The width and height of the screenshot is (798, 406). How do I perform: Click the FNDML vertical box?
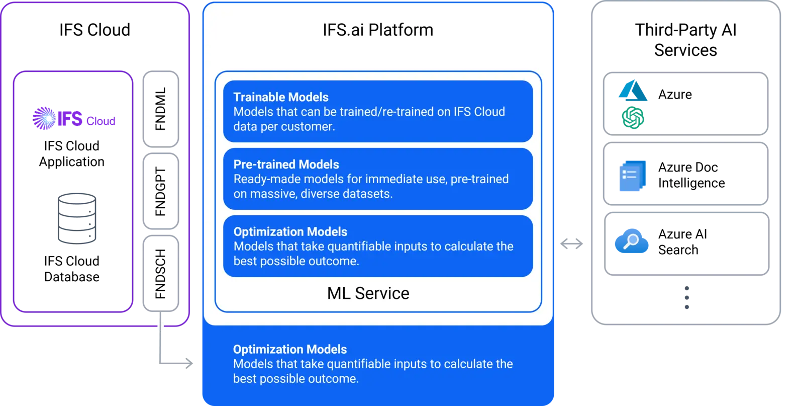tap(161, 109)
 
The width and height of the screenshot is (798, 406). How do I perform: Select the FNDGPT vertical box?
tap(161, 191)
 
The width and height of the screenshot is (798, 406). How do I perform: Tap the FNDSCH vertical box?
tap(161, 273)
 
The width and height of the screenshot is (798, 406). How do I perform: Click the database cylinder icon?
tap(77, 218)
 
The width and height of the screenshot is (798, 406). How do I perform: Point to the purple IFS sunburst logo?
tap(44, 118)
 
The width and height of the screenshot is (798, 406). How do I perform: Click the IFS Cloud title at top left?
tap(95, 30)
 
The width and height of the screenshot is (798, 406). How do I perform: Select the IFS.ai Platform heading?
tap(378, 30)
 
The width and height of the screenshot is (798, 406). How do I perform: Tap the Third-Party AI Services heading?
tap(686, 40)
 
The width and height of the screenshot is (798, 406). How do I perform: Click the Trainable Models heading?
tap(281, 97)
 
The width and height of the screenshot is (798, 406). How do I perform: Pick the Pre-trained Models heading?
tap(286, 165)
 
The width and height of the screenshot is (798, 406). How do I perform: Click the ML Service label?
tap(368, 293)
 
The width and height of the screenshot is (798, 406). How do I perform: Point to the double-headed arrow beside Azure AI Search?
tap(571, 244)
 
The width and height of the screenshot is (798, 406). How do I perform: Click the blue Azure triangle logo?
tap(633, 90)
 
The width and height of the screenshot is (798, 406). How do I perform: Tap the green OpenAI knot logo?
tap(633, 118)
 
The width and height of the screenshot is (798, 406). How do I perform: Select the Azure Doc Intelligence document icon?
tap(633, 176)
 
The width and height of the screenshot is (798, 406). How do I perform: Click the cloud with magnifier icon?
tap(632, 241)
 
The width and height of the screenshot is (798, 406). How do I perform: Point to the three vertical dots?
tap(687, 297)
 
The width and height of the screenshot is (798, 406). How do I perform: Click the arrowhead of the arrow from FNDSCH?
tap(189, 363)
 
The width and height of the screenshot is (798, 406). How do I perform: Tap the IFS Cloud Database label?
tap(71, 269)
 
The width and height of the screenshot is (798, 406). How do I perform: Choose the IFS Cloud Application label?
tap(71, 154)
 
